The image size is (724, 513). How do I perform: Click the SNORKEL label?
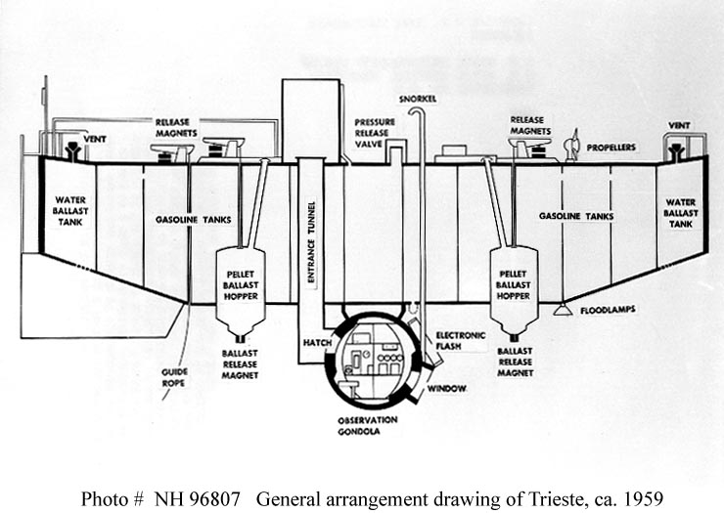[417, 99]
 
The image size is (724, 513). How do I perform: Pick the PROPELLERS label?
[611, 147]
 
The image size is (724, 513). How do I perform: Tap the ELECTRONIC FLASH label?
[461, 339]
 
